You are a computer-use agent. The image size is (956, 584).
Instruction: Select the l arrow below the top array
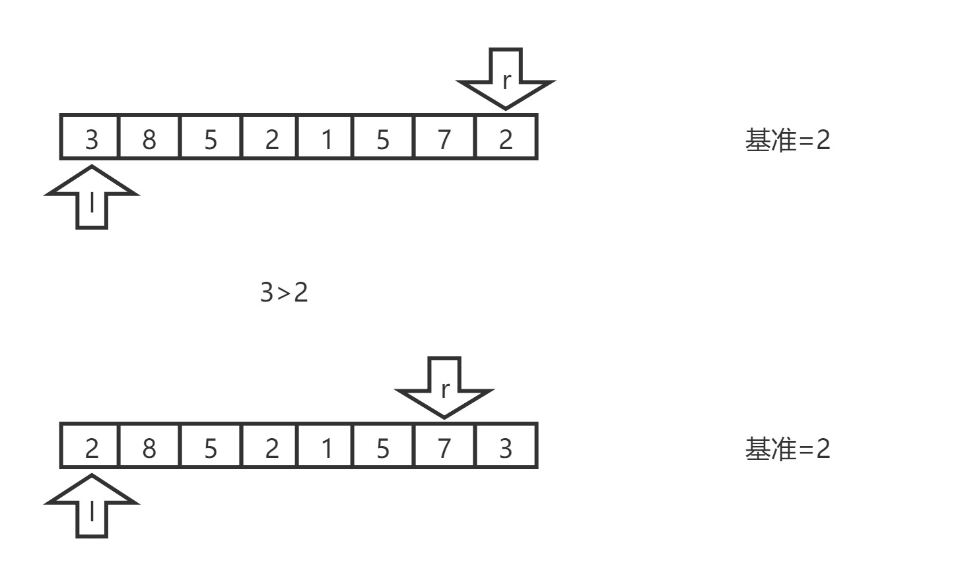(92, 198)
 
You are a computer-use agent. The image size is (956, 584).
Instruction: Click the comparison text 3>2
(284, 292)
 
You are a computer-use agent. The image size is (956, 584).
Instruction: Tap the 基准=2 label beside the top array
(787, 140)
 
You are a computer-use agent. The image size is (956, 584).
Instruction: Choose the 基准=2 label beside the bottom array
(787, 449)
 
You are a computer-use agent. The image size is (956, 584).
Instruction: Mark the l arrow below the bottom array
(92, 507)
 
